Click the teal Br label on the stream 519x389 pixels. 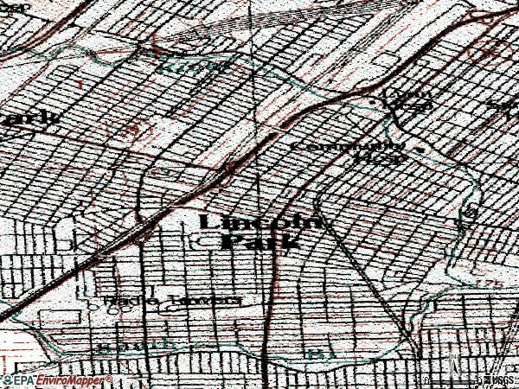point(319,353)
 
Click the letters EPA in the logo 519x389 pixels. point(22,380)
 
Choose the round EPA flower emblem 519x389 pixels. point(6,380)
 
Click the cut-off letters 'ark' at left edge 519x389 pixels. point(30,118)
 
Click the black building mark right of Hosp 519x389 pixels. point(421,148)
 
